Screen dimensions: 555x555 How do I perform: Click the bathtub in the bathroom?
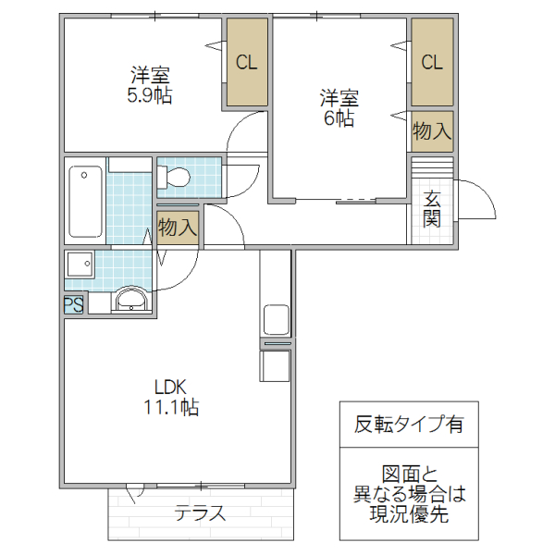(86, 203)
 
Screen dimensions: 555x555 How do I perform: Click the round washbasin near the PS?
(131, 301)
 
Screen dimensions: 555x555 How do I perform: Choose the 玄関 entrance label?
(432, 209)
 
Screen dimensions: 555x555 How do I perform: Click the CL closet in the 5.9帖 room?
(246, 64)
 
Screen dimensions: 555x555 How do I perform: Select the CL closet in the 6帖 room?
(432, 63)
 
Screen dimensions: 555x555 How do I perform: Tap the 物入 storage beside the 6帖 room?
(432, 131)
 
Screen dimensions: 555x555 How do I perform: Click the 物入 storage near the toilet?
(178, 227)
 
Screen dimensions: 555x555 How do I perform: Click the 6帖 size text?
(339, 118)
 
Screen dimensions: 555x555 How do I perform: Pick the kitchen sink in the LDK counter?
(277, 319)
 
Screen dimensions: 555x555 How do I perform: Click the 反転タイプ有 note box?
(409, 425)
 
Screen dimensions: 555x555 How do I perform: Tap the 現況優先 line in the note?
(409, 515)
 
